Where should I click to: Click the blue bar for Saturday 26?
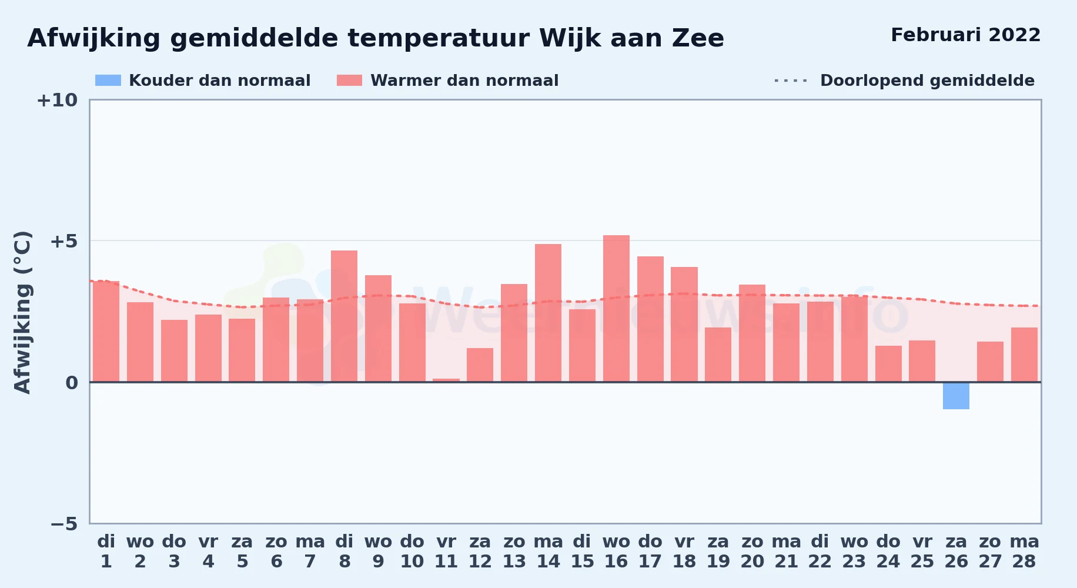point(956,396)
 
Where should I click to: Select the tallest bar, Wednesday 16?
point(616,309)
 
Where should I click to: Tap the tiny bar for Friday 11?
point(446,380)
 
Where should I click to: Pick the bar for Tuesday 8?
point(344,316)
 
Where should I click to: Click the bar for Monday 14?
point(548,313)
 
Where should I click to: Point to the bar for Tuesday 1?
point(106,332)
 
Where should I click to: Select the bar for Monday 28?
point(1024,355)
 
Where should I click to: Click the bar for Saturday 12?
point(480,365)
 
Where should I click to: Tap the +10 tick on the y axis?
point(57,101)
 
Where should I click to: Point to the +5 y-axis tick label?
point(63,241)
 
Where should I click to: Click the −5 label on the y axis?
point(63,524)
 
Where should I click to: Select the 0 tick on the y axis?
point(72,383)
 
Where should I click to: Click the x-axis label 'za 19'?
point(718,552)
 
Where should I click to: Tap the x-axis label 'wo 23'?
point(854,552)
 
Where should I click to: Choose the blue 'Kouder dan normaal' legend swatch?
point(108,81)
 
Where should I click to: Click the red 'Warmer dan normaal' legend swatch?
point(350,81)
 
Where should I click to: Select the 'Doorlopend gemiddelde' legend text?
point(927,81)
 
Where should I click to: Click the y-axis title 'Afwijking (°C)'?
point(22,312)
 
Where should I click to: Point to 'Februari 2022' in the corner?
point(965,35)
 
